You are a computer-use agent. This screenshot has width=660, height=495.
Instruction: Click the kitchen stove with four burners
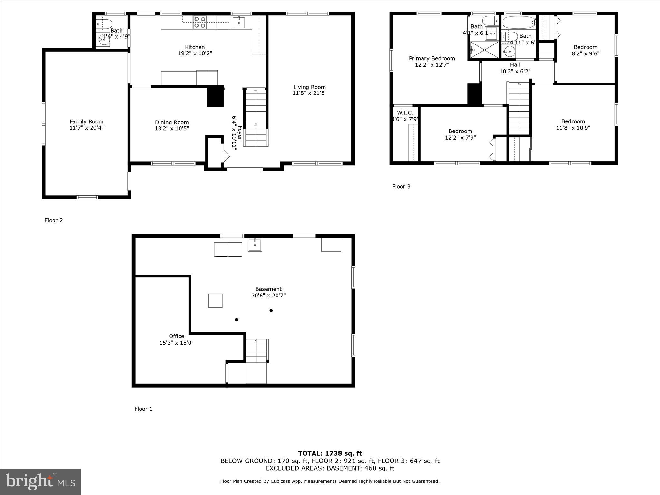tap(199, 22)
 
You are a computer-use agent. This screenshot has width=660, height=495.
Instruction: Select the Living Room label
tap(309, 87)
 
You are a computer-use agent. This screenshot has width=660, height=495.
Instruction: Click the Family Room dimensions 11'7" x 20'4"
tap(86, 128)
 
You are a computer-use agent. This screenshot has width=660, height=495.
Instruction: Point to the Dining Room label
tap(172, 122)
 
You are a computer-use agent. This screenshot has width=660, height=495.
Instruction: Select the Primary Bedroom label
tap(432, 58)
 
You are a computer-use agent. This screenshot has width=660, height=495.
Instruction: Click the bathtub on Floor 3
tap(519, 23)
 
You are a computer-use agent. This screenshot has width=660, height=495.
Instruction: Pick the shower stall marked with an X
tap(484, 50)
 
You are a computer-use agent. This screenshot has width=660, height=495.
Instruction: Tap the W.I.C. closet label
tap(405, 112)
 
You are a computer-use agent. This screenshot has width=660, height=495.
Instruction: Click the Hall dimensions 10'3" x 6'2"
tap(515, 71)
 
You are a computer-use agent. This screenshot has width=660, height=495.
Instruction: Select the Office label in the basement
tap(176, 336)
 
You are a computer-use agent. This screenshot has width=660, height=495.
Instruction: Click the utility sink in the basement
tap(255, 245)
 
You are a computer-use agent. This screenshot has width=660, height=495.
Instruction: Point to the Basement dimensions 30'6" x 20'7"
tap(268, 295)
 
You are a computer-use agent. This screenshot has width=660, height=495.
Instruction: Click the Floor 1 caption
tap(143, 409)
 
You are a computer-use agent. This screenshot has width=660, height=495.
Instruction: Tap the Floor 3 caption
tap(401, 186)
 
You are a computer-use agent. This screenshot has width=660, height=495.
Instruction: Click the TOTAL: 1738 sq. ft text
tap(330, 453)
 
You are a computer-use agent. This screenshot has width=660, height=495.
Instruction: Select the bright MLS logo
tap(40, 481)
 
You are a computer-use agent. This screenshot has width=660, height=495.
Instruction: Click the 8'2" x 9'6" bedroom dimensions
tap(585, 53)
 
